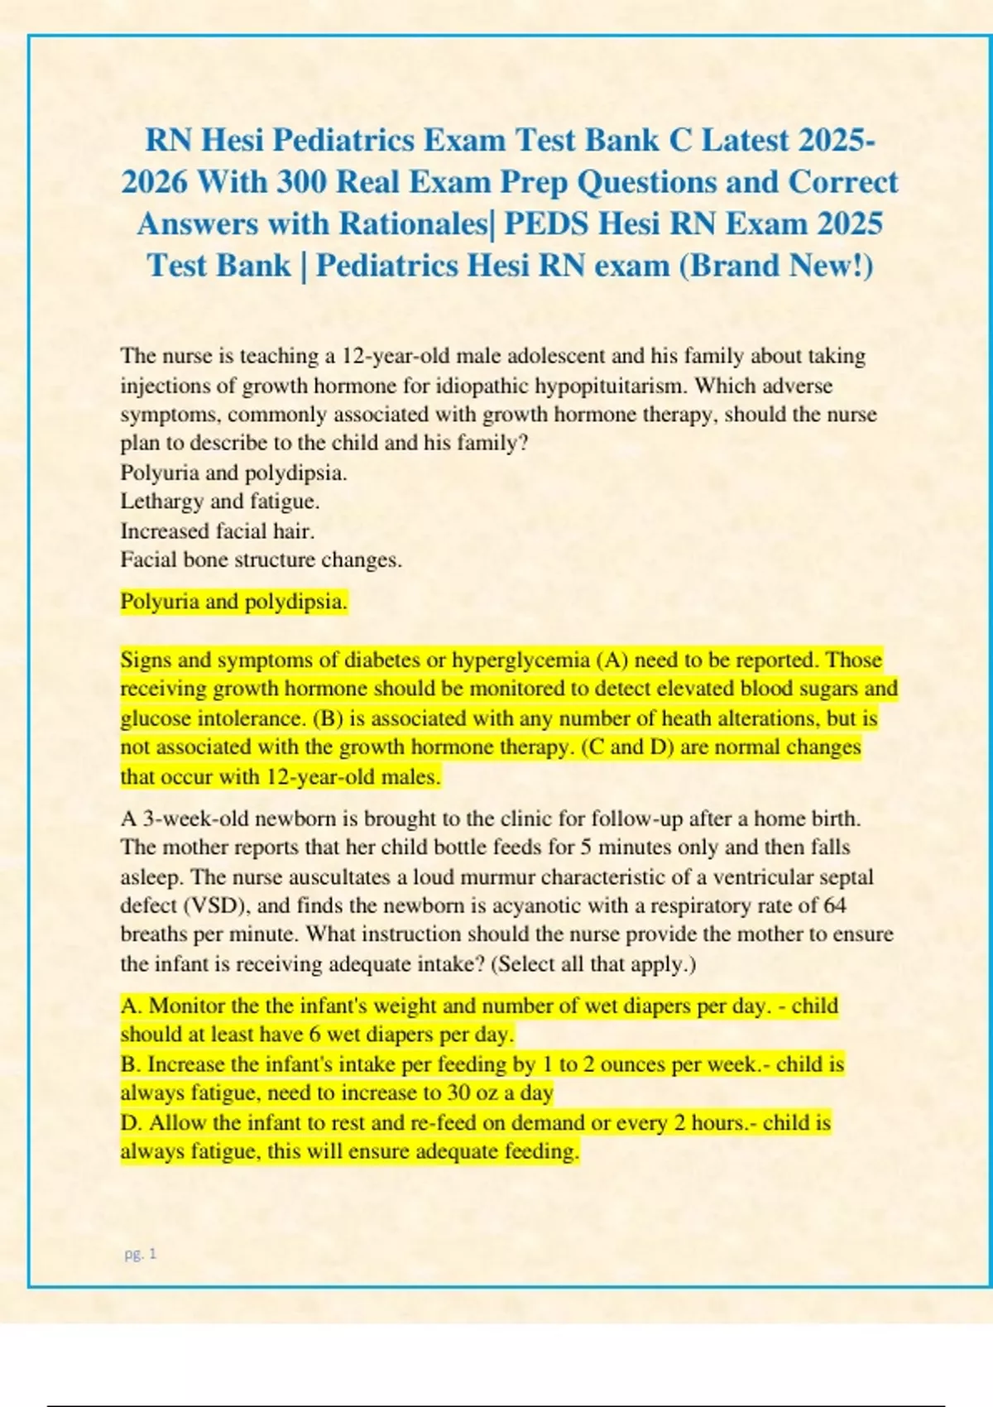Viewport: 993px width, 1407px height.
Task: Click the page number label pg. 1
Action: [x=140, y=1254]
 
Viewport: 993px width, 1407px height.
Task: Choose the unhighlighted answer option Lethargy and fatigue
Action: [x=219, y=502]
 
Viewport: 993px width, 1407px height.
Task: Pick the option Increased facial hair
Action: [x=217, y=531]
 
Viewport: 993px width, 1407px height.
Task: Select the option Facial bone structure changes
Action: [x=261, y=559]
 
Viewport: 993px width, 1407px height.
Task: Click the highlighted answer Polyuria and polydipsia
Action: [x=233, y=602]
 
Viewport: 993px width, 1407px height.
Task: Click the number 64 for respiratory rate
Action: [x=835, y=905]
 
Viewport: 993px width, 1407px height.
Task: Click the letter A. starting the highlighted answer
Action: [x=132, y=1006]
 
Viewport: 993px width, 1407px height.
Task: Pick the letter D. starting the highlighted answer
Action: [x=132, y=1123]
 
